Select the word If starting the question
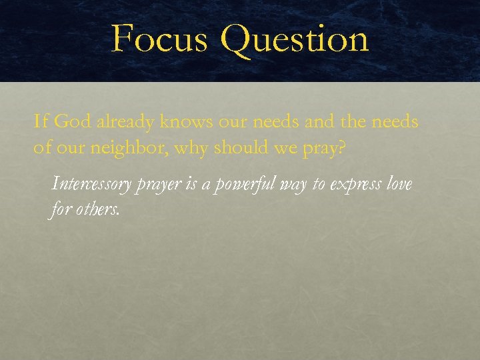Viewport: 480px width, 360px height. (x=41, y=122)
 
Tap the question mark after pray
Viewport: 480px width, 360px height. (x=342, y=147)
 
